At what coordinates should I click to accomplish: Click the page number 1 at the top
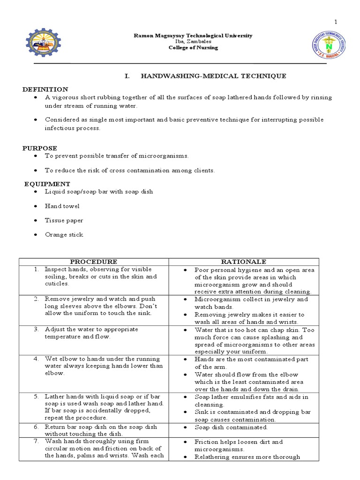[336, 22]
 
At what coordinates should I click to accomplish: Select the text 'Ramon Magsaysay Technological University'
[193, 36]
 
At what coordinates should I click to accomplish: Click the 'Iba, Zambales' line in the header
[193, 42]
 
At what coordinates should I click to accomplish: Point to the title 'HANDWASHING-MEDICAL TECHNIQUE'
[213, 76]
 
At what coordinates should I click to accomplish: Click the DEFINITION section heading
[45, 89]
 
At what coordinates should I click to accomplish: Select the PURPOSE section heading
[40, 148]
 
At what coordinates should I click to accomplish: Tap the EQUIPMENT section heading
[47, 184]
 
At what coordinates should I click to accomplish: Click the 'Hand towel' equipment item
[62, 206]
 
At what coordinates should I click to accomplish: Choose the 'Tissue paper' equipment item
[64, 220]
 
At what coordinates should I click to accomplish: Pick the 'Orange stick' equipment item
[64, 234]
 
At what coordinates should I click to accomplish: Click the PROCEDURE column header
[94, 262]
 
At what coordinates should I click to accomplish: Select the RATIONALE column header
[244, 262]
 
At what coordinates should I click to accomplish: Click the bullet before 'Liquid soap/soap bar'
[36, 192]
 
